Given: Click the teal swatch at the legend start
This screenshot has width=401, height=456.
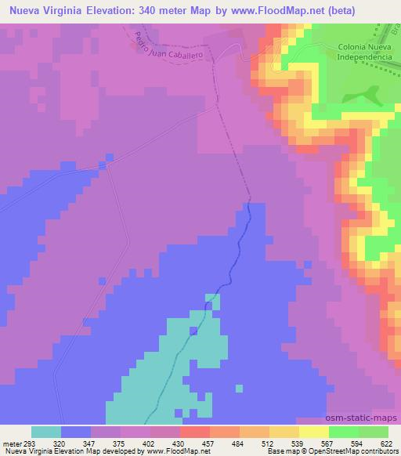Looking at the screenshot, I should [46, 432].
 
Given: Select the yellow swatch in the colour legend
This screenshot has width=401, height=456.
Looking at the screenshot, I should [314, 432].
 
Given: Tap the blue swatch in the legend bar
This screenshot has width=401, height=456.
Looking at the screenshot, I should [76, 432].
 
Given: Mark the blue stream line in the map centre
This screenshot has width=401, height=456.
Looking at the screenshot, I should [232, 266].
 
